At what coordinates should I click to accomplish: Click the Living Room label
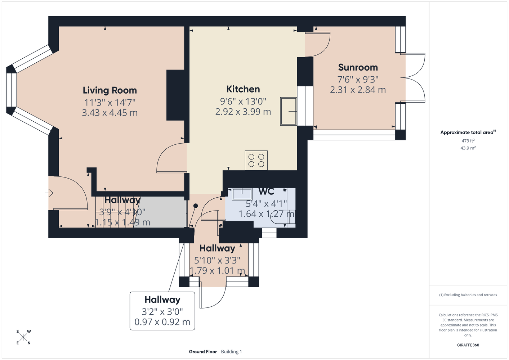coord(110,90)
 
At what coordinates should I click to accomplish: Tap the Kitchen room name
coord(243,89)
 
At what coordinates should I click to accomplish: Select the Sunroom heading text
coord(358,67)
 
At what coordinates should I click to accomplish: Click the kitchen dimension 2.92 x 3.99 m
coord(243,112)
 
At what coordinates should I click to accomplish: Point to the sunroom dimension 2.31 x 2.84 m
coord(358,90)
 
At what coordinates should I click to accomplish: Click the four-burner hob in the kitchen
coord(256,160)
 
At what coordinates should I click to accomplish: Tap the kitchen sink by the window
coord(288,111)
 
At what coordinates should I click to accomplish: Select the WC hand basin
coord(242,194)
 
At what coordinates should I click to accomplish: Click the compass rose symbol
coord(23,337)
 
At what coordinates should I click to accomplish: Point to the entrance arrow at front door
coord(49,193)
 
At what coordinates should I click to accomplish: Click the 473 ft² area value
coord(468,141)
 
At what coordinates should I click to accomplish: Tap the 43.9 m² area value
coord(468,148)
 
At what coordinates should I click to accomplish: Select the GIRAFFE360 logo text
coord(468,345)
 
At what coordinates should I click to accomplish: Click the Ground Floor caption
coord(203,352)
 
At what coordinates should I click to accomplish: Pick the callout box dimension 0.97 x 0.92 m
coord(162,322)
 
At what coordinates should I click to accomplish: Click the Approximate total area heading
coord(468,132)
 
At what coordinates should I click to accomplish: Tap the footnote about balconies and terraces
coord(468,295)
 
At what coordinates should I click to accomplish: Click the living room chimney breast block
coord(175,95)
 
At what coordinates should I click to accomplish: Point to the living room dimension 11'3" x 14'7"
coord(110,103)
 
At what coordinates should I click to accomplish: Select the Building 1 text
coord(231,352)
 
